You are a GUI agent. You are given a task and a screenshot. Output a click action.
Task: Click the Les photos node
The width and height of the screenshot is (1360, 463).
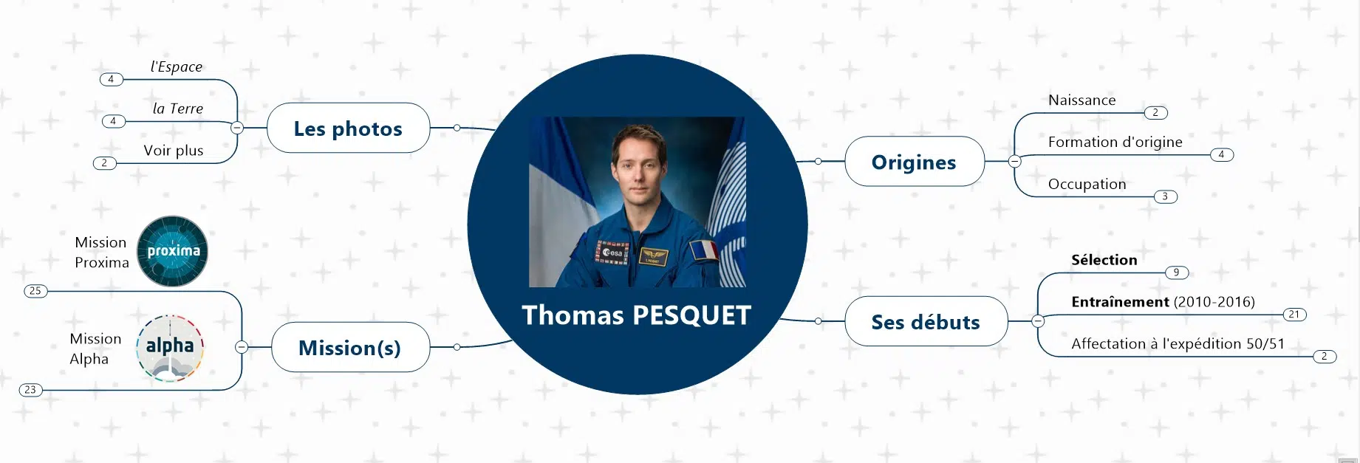click(x=348, y=128)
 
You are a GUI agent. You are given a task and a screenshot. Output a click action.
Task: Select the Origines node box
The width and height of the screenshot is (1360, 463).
click(x=915, y=161)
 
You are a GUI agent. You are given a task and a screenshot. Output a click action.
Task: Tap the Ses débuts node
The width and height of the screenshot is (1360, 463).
click(x=926, y=321)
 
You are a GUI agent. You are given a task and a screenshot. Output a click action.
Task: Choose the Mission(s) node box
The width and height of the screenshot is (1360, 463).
click(x=351, y=347)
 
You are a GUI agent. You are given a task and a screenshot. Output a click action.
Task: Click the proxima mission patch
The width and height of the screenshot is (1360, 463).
click(x=173, y=251)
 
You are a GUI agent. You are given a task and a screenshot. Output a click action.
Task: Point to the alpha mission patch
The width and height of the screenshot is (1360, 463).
click(x=170, y=348)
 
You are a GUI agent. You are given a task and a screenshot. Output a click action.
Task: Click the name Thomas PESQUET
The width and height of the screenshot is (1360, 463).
click(x=636, y=315)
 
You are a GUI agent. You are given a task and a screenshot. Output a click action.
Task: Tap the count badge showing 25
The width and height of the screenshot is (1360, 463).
click(x=35, y=291)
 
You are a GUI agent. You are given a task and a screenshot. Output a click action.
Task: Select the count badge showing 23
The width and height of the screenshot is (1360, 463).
click(x=30, y=389)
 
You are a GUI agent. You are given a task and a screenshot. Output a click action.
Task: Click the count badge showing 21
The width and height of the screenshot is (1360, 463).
click(x=1294, y=315)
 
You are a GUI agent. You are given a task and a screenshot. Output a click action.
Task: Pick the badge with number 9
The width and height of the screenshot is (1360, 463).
click(x=1177, y=272)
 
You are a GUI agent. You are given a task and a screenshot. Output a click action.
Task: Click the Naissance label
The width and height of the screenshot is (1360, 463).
click(x=1082, y=100)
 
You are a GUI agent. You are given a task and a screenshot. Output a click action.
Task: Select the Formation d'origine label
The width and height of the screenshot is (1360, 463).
click(x=1115, y=143)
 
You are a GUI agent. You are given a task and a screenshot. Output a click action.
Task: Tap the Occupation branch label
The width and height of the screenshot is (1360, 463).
click(x=1087, y=185)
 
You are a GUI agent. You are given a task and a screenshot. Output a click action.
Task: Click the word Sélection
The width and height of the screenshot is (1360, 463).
click(x=1104, y=260)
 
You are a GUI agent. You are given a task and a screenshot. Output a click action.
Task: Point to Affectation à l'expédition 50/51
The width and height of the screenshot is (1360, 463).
click(x=1178, y=344)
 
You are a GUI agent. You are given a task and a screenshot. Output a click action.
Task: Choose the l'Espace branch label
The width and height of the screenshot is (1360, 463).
click(x=177, y=66)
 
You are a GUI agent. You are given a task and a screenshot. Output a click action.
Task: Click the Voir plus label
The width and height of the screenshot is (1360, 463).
click(x=174, y=151)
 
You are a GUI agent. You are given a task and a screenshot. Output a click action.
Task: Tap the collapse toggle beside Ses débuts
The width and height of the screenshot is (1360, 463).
click(x=1038, y=321)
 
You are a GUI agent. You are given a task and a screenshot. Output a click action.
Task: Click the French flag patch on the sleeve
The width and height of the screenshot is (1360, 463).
click(x=704, y=250)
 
